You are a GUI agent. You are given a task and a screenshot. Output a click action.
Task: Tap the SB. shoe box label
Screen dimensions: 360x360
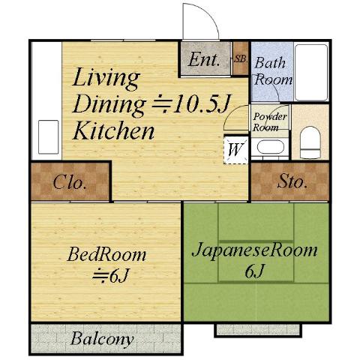(241, 59)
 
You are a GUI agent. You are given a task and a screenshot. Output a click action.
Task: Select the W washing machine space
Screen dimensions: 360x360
(235, 149)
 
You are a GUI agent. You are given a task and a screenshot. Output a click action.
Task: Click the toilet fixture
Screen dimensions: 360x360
(310, 142)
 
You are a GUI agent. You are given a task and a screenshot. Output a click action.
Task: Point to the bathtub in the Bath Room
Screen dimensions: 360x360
(311, 72)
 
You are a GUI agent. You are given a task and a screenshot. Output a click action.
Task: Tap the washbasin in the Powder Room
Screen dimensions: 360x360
(270, 148)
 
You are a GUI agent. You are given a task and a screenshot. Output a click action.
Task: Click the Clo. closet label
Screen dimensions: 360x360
(69, 182)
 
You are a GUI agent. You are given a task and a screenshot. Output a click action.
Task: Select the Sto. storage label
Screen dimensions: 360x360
(292, 181)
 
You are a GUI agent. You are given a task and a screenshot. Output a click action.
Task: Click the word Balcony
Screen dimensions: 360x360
(102, 339)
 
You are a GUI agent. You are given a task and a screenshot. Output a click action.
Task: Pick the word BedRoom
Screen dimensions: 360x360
(106, 254)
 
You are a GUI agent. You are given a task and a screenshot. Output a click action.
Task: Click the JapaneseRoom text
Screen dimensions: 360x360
(255, 250)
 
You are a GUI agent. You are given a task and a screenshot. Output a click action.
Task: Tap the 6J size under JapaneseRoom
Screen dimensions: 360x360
(254, 271)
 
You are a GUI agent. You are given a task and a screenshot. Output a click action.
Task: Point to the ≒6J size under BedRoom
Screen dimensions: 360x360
(110, 275)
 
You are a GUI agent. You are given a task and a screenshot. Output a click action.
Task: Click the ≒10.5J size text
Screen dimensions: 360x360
(190, 103)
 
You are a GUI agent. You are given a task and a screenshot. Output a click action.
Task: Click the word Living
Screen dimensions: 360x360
(106, 79)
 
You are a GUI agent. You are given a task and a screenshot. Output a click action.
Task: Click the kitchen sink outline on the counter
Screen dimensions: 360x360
(49, 137)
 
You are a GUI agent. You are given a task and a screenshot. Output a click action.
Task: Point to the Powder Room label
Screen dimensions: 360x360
(269, 122)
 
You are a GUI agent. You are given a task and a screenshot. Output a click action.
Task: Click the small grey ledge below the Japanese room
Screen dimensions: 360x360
(258, 329)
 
